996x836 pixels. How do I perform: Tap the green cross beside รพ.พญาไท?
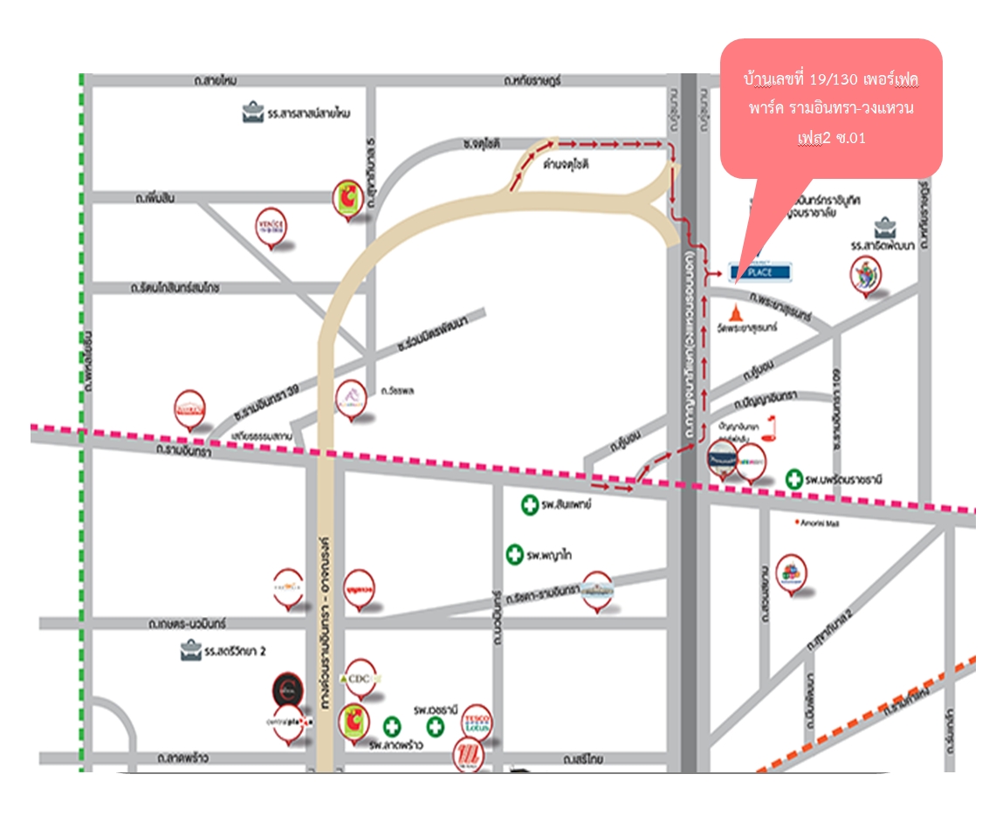[x=515, y=554]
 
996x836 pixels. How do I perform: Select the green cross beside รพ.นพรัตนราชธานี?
[x=793, y=478]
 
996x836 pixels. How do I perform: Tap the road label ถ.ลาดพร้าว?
[x=185, y=757]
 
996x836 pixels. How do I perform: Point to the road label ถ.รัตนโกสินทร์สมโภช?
[x=175, y=287]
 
